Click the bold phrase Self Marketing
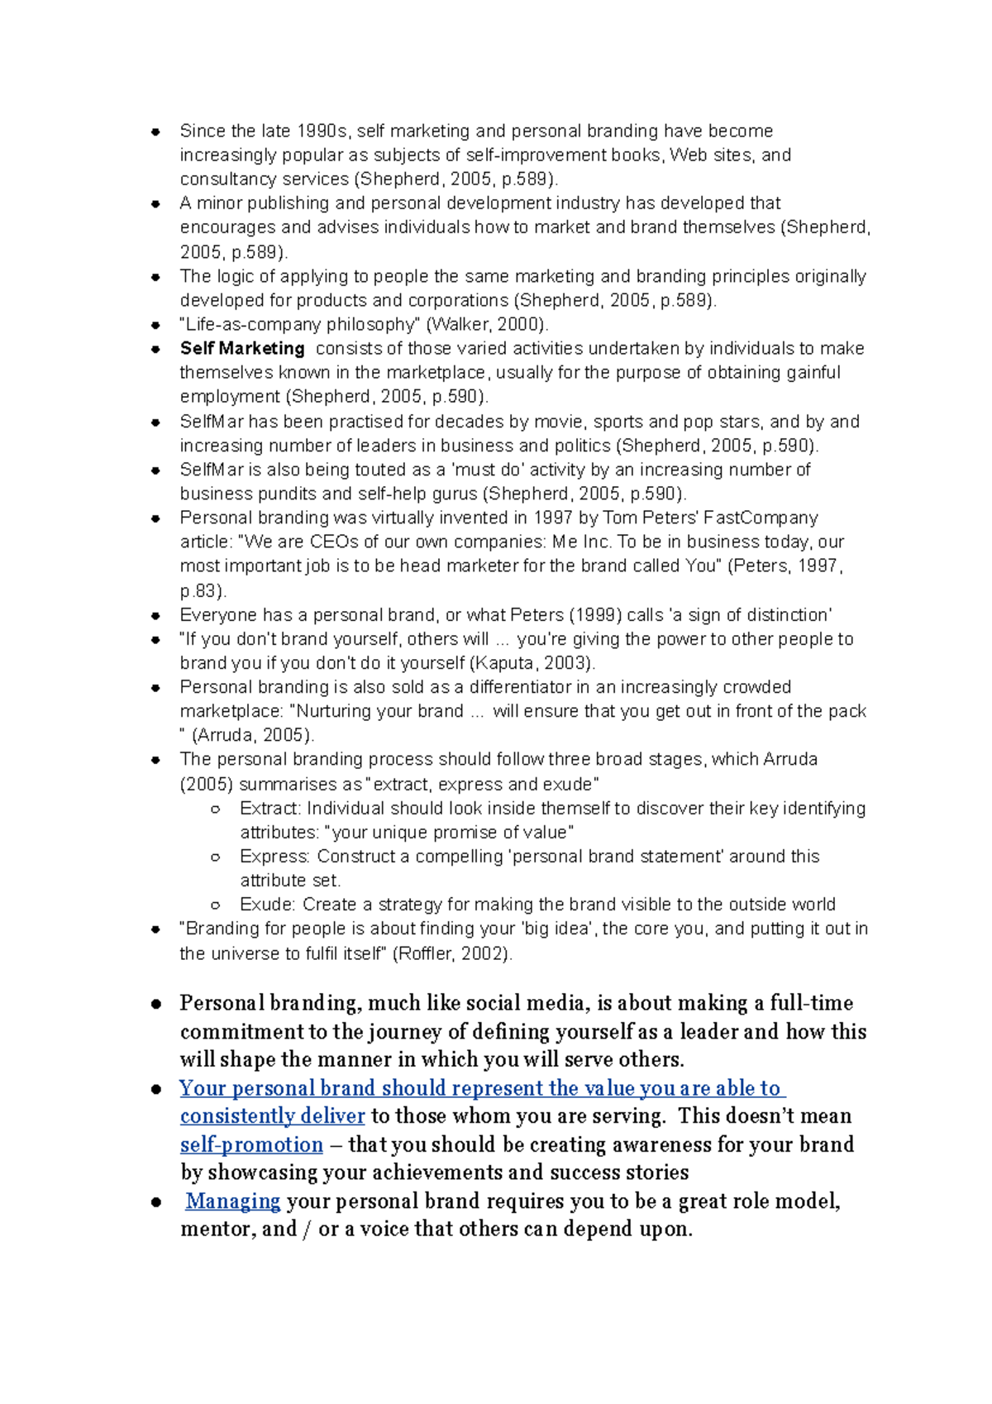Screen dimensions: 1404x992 (x=242, y=349)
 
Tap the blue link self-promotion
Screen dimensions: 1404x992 (x=251, y=1145)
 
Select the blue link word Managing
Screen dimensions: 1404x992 (x=233, y=1201)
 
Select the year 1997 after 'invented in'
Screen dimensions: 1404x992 (x=553, y=518)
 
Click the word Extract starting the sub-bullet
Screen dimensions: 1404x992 (x=269, y=809)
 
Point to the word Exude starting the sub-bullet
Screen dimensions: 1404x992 (x=266, y=905)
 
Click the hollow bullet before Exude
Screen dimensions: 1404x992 (x=216, y=905)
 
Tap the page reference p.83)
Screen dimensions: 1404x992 (x=203, y=591)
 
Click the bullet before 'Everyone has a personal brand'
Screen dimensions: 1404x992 (x=155, y=616)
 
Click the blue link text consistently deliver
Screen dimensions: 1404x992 (x=272, y=1117)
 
